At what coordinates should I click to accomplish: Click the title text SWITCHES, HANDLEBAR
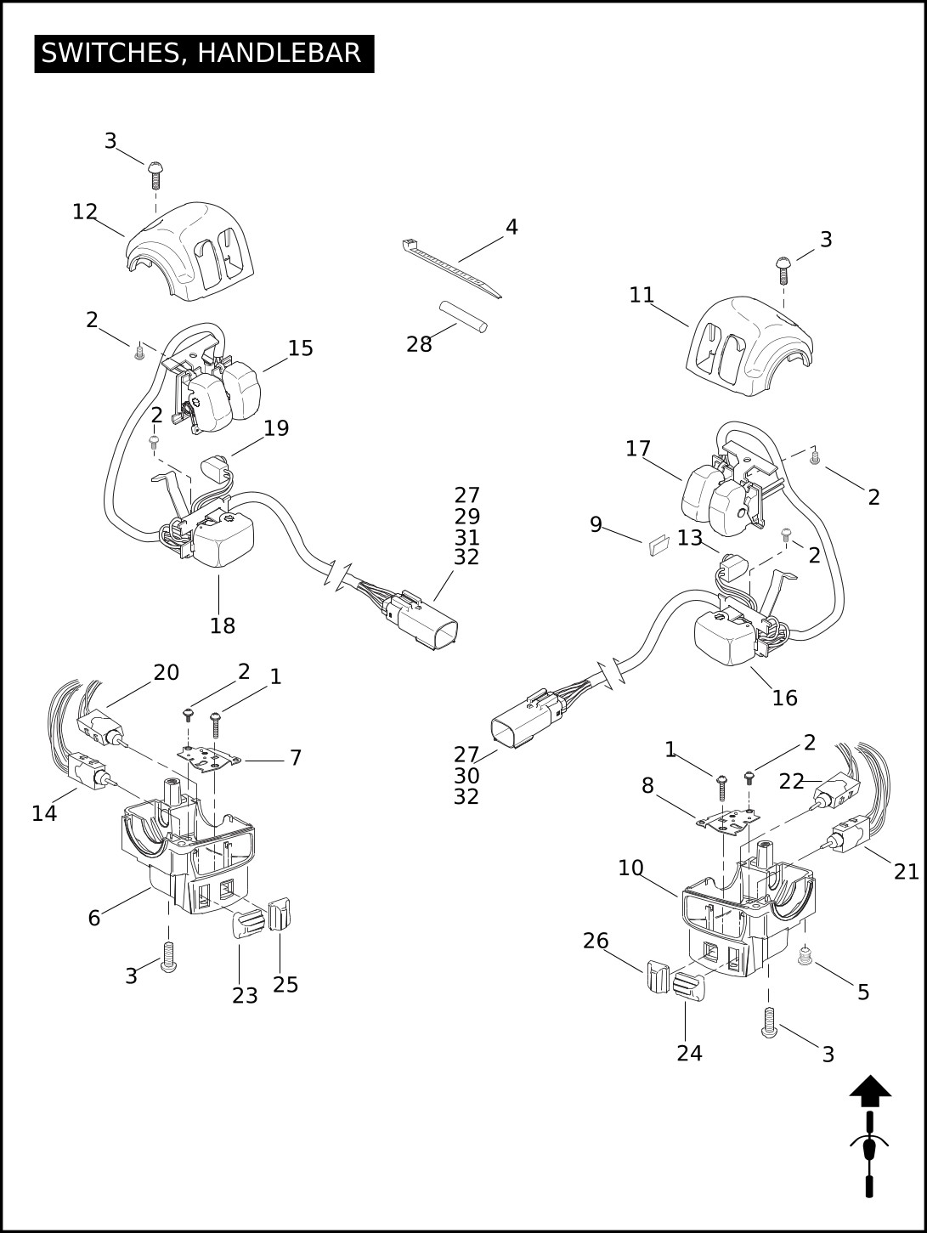click(201, 53)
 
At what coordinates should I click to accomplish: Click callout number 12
click(85, 212)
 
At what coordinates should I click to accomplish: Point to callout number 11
click(642, 295)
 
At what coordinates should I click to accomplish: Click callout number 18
click(223, 625)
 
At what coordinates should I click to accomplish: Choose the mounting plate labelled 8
click(727, 821)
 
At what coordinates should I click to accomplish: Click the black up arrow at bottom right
click(870, 1090)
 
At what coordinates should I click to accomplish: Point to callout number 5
click(863, 992)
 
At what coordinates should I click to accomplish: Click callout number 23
click(245, 995)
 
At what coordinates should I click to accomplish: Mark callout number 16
click(784, 698)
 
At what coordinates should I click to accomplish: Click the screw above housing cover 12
click(155, 174)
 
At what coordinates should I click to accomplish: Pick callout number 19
click(276, 428)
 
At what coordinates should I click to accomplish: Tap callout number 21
click(906, 871)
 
